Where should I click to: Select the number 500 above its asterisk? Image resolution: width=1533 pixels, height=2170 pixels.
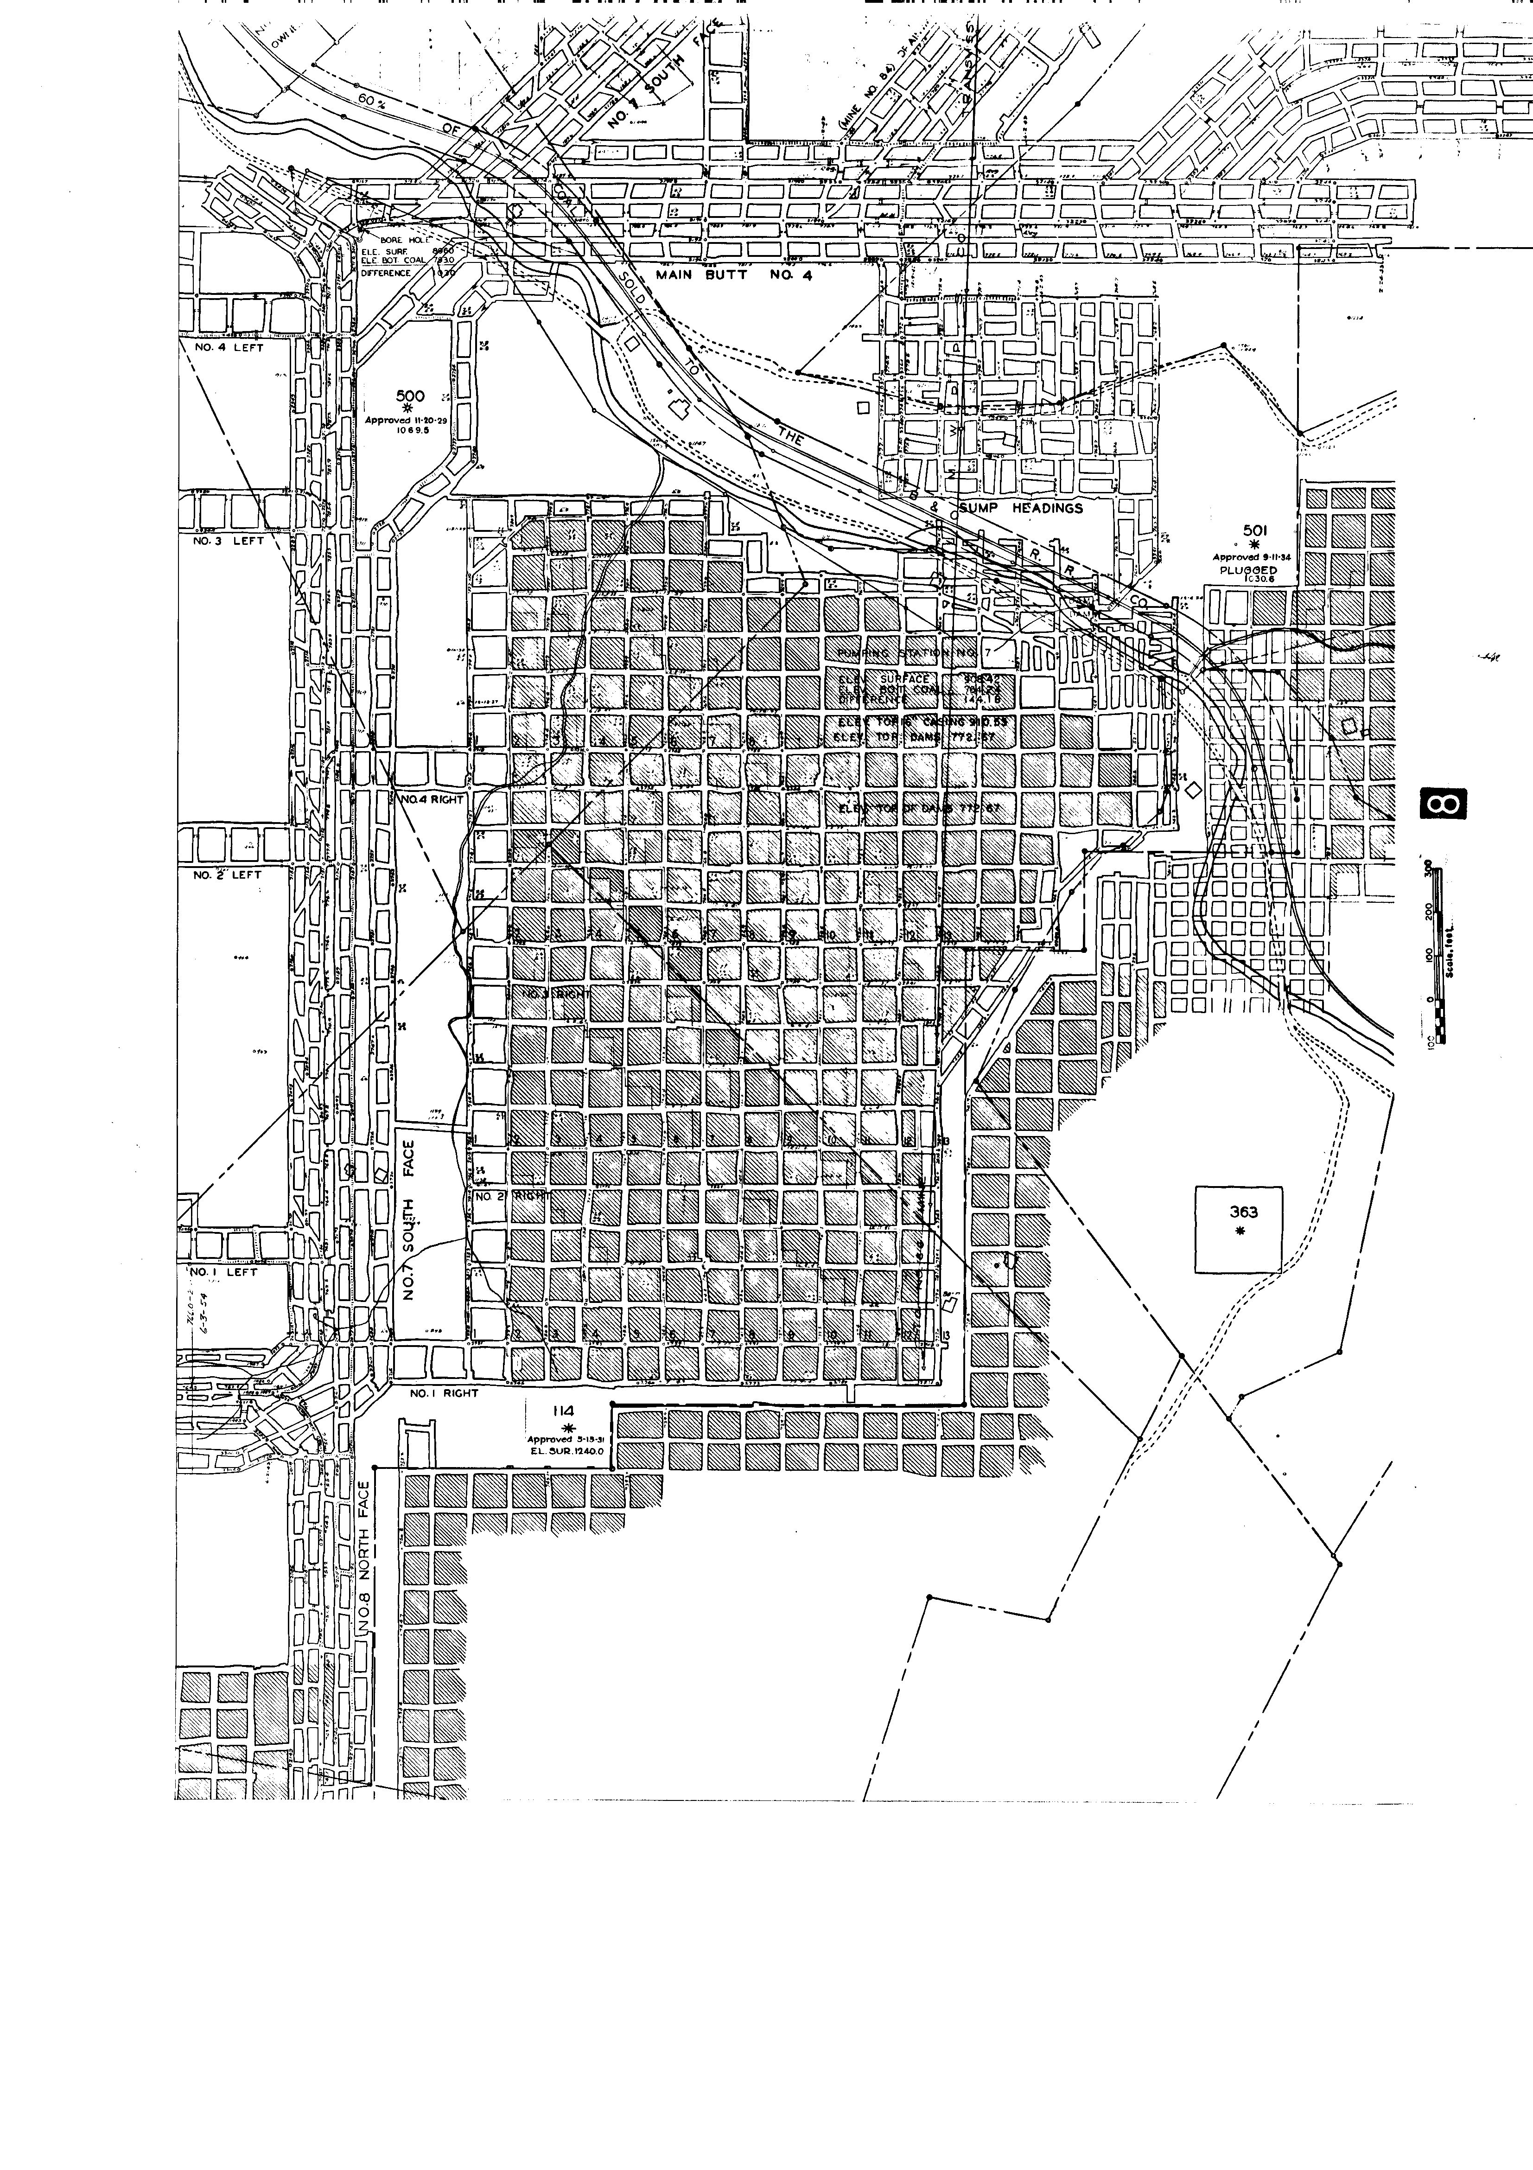click(x=410, y=396)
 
